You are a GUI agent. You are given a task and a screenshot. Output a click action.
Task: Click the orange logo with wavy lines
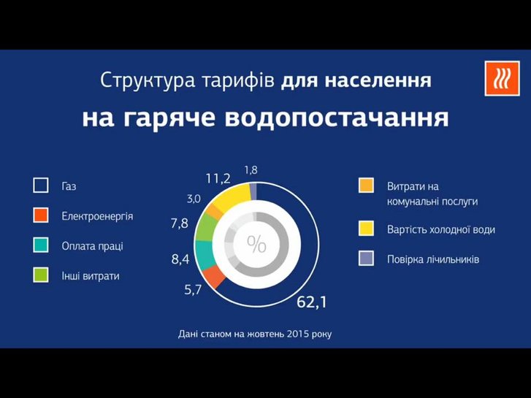tap(503, 79)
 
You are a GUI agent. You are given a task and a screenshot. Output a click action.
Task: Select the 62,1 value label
tap(312, 302)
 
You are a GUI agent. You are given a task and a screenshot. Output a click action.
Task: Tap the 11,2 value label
tap(218, 179)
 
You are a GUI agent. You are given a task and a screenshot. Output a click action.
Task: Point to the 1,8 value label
tap(251, 170)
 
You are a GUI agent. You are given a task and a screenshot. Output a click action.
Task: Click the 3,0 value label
tap(194, 199)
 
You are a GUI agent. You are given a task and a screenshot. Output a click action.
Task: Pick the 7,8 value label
tap(180, 223)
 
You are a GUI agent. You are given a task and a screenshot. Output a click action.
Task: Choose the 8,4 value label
tap(180, 259)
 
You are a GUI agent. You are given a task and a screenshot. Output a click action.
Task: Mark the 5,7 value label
tap(193, 290)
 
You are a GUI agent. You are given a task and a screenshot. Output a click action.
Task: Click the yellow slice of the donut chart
tap(232, 198)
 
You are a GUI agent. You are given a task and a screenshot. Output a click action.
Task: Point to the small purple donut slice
tap(253, 191)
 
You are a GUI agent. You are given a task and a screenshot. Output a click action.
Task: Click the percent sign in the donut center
tap(256, 244)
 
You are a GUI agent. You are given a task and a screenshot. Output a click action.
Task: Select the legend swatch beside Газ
tap(41, 185)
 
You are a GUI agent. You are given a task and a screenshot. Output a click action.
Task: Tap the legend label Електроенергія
tap(97, 216)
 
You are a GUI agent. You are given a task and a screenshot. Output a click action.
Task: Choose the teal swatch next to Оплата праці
tap(41, 245)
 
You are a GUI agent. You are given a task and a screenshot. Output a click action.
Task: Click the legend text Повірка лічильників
tap(433, 260)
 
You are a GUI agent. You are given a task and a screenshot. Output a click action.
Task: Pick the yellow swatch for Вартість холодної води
tap(366, 229)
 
